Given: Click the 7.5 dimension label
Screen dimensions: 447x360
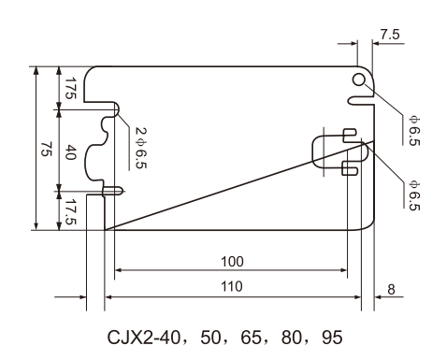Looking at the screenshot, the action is pyautogui.click(x=390, y=35).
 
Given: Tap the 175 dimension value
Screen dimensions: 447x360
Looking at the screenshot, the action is pyautogui.click(x=70, y=88).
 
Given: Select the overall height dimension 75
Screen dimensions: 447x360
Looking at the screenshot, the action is pyautogui.click(x=47, y=149).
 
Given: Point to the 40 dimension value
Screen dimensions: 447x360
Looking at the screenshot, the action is pyautogui.click(x=70, y=151).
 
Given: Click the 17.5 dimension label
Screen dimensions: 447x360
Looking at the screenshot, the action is pyautogui.click(x=70, y=211).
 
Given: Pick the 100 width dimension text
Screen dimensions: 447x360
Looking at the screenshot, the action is pyautogui.click(x=232, y=262).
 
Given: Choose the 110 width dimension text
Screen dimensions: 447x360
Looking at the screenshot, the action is pyautogui.click(x=232, y=286).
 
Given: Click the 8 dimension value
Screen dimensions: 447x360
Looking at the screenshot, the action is pyautogui.click(x=391, y=290).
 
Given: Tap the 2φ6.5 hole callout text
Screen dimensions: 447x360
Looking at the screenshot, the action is pyautogui.click(x=141, y=148).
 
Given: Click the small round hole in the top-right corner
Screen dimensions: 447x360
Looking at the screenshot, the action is pyautogui.click(x=359, y=79).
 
